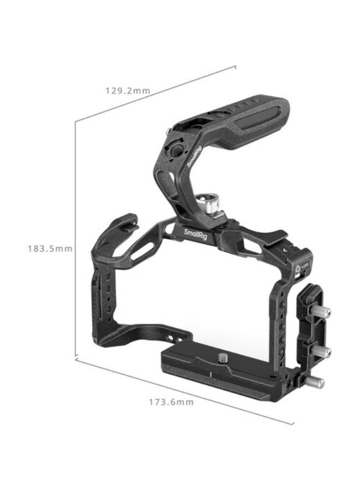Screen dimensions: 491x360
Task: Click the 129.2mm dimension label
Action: coord(127,91)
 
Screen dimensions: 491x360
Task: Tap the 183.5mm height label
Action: coord(50,248)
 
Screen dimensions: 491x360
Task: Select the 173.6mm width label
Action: coord(171,402)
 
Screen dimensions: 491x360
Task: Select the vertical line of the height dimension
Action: coord(75,240)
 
